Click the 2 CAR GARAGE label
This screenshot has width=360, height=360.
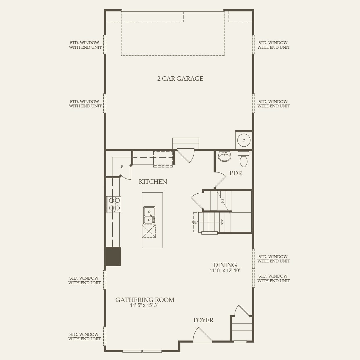tap(180, 79)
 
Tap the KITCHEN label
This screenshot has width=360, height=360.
tap(153, 182)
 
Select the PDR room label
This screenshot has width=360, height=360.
tap(235, 173)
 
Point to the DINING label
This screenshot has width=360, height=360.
tap(225, 265)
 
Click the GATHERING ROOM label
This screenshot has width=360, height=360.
tap(145, 300)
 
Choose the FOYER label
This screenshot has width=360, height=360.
tap(203, 320)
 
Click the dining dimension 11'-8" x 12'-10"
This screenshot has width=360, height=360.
tap(225, 271)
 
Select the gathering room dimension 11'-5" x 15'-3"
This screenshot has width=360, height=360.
tap(144, 305)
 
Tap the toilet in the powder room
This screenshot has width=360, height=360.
tap(244, 159)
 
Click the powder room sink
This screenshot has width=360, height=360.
tap(224, 157)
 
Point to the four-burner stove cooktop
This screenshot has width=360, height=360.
tap(114, 204)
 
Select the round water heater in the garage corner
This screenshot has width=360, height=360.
tap(244, 140)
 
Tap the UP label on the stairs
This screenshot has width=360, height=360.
tap(195, 222)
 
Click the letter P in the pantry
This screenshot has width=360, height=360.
tap(122, 166)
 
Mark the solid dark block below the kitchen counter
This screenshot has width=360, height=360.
tap(113, 256)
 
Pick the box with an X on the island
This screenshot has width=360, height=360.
tap(149, 231)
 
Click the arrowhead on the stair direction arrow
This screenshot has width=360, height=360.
tap(222, 222)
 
